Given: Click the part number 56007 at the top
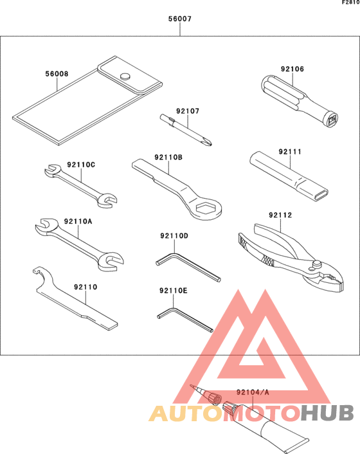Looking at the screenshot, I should pyautogui.click(x=180, y=19).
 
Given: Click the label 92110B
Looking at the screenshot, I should pyautogui.click(x=168, y=157).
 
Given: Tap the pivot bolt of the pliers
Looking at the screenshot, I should pyautogui.click(x=317, y=263).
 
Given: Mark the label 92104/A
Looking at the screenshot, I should pyautogui.click(x=252, y=392).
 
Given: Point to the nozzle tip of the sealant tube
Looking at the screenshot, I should pyautogui.click(x=193, y=386).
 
